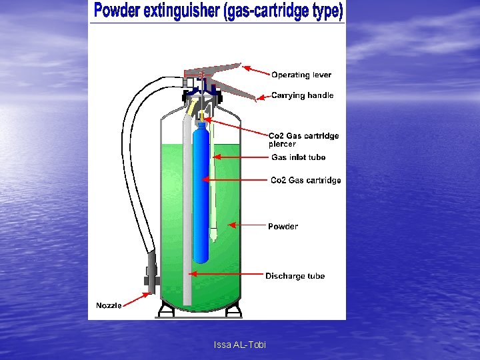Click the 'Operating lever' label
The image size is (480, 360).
pyautogui.click(x=301, y=75)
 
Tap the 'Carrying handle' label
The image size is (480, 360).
pyautogui.click(x=302, y=95)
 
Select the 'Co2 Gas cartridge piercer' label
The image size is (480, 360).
pyautogui.click(x=303, y=139)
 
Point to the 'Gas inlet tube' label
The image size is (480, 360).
pyautogui.click(x=298, y=157)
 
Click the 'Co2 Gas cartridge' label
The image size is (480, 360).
pyautogui.click(x=305, y=181)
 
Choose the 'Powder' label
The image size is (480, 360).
pyautogui.click(x=283, y=227)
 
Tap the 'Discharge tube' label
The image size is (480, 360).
pyautogui.click(x=295, y=276)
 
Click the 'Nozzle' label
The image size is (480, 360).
pyautogui.click(x=109, y=305)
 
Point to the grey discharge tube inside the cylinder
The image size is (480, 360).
pyautogui.click(x=187, y=220)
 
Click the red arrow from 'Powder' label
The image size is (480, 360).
pyautogui.click(x=247, y=226)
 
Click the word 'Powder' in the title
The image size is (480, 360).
pyautogui.click(x=116, y=11)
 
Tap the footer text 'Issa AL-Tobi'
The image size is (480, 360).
pyautogui.click(x=239, y=345)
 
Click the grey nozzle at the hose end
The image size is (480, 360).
pyautogui.click(x=151, y=272)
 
